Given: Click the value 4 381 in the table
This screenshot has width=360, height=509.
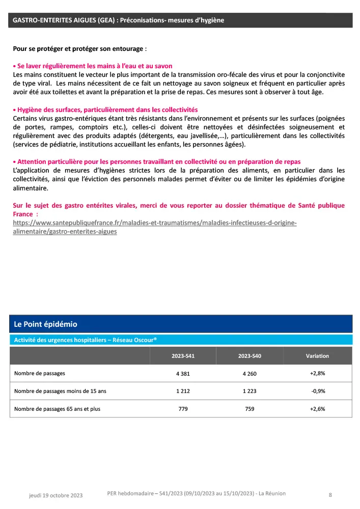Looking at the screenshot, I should (x=183, y=373).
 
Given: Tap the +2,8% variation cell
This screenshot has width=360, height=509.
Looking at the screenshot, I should (x=317, y=373).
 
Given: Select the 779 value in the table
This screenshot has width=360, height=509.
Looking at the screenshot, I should (x=183, y=409).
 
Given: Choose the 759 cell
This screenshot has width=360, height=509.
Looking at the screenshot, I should (x=250, y=409).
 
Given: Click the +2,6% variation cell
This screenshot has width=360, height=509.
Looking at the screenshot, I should (x=317, y=409).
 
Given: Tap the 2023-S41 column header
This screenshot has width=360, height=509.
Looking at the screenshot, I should (x=183, y=356).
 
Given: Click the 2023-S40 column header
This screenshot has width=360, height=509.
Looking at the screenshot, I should (x=250, y=356).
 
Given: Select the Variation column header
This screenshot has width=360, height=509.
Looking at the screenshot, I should (x=317, y=356).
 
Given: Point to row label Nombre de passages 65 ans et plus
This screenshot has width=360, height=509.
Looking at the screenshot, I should (x=58, y=409).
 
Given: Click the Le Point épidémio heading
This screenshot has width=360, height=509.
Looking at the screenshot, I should (x=45, y=324).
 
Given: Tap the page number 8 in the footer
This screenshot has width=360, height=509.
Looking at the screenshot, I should (x=330, y=494).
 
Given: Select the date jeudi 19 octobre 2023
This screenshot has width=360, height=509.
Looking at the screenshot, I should (x=56, y=495).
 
